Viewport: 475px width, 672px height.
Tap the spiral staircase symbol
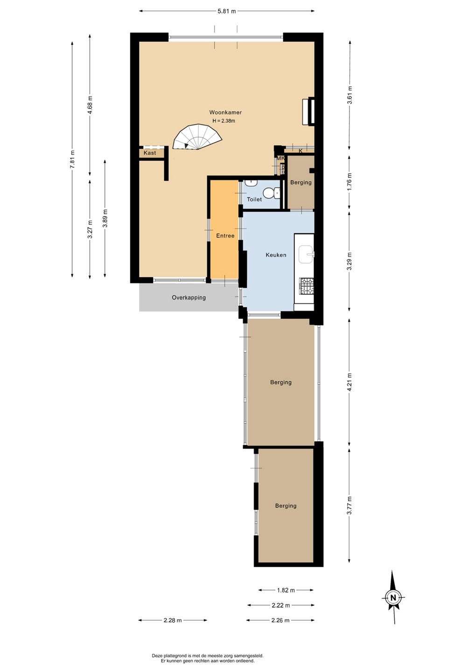tap(198, 137)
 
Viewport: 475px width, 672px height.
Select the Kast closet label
tap(150, 153)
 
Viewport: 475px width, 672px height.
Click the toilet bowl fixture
tap(272, 192)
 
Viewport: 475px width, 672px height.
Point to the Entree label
tap(225, 236)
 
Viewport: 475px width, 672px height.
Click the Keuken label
tap(276, 255)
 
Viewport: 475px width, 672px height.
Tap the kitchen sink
tap(306, 255)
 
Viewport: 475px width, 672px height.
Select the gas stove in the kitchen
tap(306, 286)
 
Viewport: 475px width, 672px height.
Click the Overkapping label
tap(189, 298)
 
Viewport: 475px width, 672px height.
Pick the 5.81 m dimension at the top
tap(227, 11)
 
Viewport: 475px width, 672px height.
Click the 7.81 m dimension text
tap(72, 159)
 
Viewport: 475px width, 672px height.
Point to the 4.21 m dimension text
tap(349, 382)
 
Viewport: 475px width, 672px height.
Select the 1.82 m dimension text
tap(286, 590)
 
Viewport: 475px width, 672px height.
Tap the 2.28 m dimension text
tap(173, 620)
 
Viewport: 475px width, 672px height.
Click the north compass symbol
tap(393, 597)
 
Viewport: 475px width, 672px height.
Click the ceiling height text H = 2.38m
tap(224, 121)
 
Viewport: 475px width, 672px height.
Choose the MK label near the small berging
tap(280, 158)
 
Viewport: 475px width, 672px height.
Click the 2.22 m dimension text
tap(281, 605)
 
